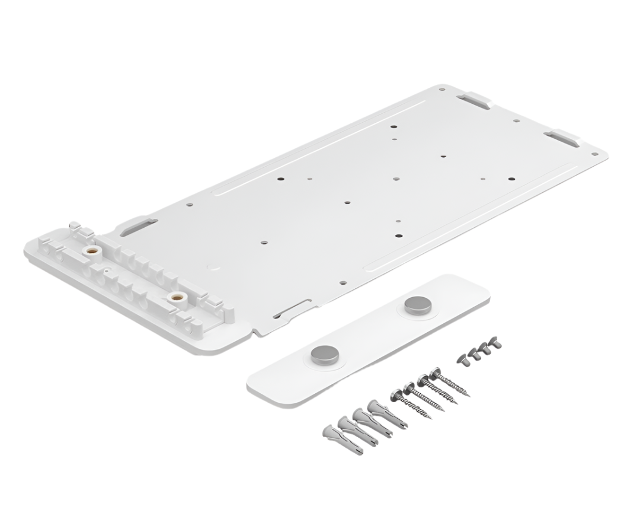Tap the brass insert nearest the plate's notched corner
pyautogui.click(x=174, y=295)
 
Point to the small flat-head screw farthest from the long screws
pyautogui.click(x=495, y=343)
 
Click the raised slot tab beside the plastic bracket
pyautogui.click(x=138, y=226)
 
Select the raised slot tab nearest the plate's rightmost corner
pyautogui.click(x=564, y=138)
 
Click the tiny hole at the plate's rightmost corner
pyautogui.click(x=596, y=153)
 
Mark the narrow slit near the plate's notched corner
pyautogui.click(x=292, y=308)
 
